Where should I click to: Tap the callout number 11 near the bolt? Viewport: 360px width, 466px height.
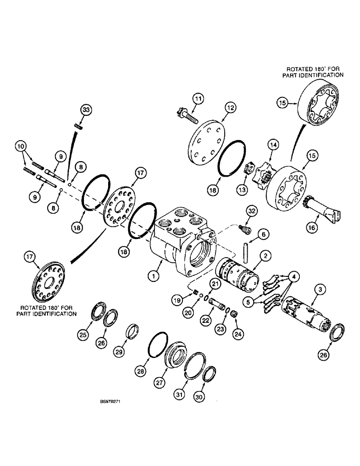click(199, 99)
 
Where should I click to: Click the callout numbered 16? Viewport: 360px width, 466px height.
click(311, 227)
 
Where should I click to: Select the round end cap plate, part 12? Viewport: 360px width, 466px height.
click(206, 140)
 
